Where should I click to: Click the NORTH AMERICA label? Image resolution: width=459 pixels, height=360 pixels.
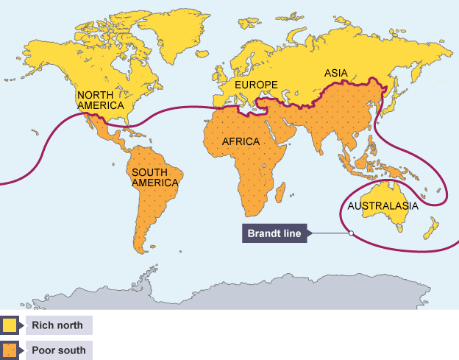tap(101, 100)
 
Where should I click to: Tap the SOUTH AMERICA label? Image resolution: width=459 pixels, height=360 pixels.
tap(154, 177)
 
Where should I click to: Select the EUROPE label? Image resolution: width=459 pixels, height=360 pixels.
tap(256, 85)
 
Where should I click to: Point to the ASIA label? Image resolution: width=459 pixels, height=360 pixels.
tap(336, 74)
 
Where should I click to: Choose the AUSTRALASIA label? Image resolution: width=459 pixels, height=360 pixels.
tap(382, 206)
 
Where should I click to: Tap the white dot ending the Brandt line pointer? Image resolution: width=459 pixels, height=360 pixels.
tap(351, 233)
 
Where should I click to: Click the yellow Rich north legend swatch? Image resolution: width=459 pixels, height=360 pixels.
tap(10, 325)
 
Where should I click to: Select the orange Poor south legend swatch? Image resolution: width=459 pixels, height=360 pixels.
tap(10, 350)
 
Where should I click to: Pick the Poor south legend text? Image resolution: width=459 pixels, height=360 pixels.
tap(58, 350)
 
